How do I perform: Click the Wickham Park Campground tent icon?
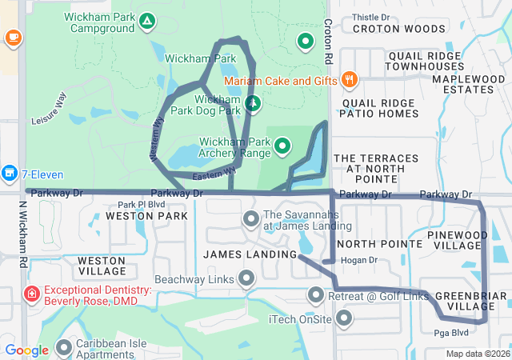pyautogui.click(x=146, y=20)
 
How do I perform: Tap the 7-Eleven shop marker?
pyautogui.click(x=10, y=172)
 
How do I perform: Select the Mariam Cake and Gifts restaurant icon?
pyautogui.click(x=349, y=80)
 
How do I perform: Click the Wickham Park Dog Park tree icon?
pyautogui.click(x=253, y=103)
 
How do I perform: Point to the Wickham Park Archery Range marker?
pyautogui.click(x=282, y=146)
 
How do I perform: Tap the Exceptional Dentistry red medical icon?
pyautogui.click(x=32, y=294)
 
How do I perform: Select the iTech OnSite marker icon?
pyautogui.click(x=345, y=319)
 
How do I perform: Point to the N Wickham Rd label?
pyautogui.click(x=22, y=234)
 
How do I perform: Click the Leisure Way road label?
pyautogui.click(x=50, y=107)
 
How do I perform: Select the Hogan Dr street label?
pyautogui.click(x=358, y=260)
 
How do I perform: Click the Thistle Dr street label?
pyautogui.click(x=370, y=16)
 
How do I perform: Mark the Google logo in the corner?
pyautogui.click(x=27, y=350)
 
